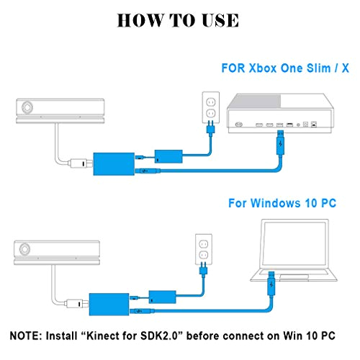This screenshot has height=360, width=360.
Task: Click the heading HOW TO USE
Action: (x=180, y=20)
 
